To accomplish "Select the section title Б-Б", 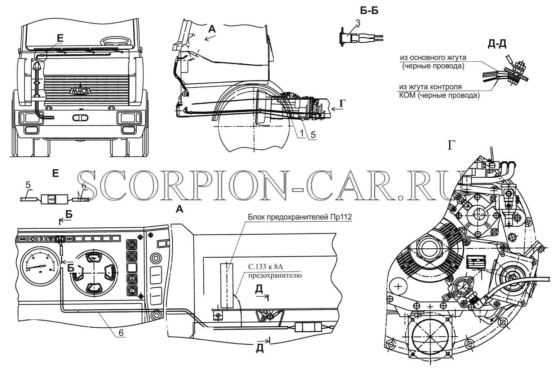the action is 369,11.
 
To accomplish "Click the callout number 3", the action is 358,23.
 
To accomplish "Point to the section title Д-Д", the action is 497,44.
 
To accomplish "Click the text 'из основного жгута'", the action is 433,58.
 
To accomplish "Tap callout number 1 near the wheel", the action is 302,134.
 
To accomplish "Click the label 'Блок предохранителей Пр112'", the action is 300,217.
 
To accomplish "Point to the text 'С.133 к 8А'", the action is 265,267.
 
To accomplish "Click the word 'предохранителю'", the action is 275,275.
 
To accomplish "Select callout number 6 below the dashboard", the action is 121,332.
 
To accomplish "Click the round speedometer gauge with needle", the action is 40,266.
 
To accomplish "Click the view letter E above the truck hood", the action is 60,38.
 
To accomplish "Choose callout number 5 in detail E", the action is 28,185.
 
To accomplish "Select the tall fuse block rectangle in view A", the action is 226,285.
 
